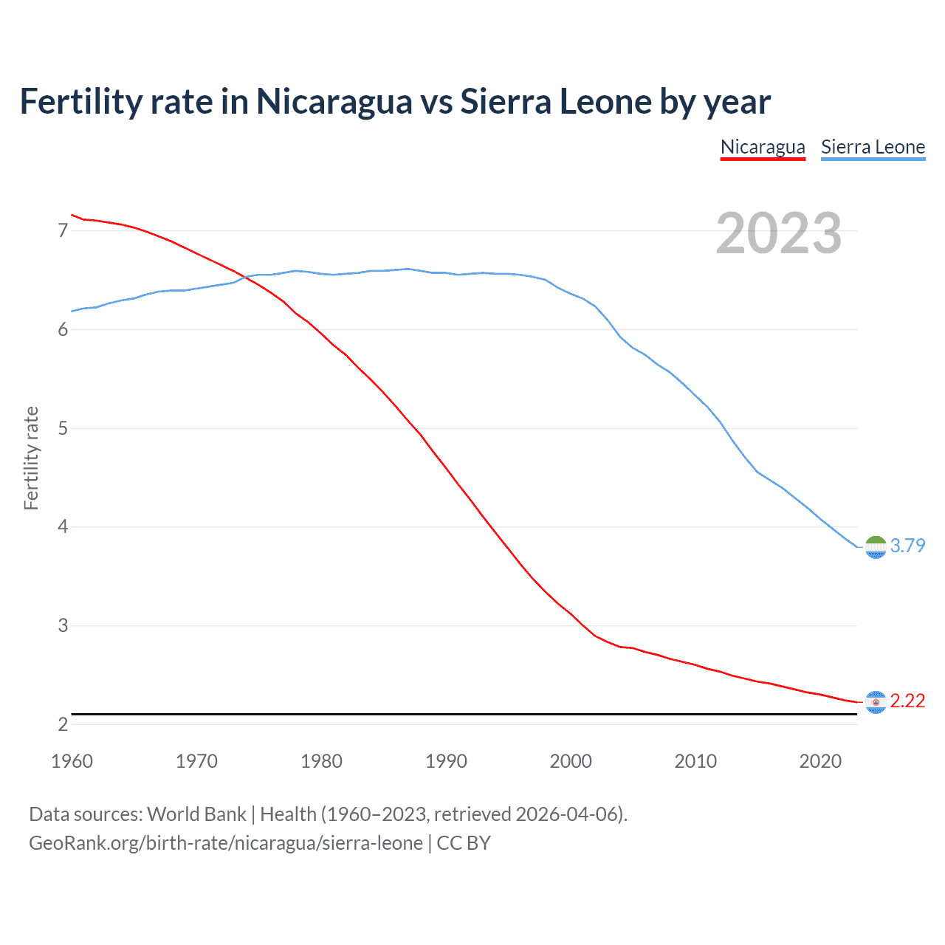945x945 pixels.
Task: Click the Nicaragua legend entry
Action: [x=763, y=147]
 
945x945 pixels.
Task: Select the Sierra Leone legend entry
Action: [x=873, y=147]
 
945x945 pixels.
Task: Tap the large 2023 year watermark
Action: [x=778, y=233]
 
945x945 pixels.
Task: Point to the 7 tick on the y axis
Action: [x=63, y=230]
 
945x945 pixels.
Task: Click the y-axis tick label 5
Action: [x=63, y=428]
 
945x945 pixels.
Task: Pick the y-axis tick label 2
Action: [x=63, y=724]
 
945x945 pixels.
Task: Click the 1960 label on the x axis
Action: [x=72, y=761]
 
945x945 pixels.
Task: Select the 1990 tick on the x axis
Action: [x=446, y=761]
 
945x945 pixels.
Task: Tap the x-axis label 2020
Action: [x=820, y=761]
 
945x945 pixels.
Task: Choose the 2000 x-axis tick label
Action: [x=571, y=761]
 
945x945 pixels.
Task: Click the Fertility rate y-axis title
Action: [x=31, y=458]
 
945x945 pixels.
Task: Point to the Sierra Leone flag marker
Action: [x=876, y=547]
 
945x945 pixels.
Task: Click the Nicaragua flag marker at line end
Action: [x=876, y=702]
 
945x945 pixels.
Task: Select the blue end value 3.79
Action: [x=907, y=546]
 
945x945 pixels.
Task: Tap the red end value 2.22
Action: [x=907, y=701]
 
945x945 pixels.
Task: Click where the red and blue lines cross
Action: [x=247, y=277]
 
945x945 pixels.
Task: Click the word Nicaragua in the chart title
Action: [x=334, y=101]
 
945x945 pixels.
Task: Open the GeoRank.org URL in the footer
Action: [x=226, y=843]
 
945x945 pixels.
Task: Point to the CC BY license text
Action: [x=464, y=843]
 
